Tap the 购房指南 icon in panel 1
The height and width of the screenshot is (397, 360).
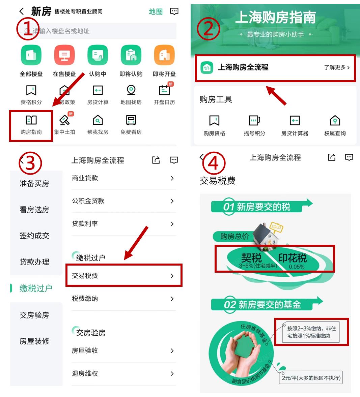point(31,120)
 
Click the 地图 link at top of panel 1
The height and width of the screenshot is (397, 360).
point(156,12)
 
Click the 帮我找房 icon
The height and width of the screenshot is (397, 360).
point(98,120)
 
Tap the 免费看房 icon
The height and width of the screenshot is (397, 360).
point(131,120)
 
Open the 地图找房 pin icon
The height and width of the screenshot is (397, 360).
point(131,90)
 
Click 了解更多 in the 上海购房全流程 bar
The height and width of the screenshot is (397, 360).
point(336,67)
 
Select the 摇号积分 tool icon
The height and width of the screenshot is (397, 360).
point(254,121)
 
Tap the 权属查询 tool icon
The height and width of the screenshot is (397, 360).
point(335,121)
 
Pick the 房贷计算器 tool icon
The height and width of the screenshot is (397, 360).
point(295,121)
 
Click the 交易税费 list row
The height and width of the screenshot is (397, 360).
point(123,276)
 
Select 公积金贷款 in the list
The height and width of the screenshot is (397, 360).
point(123,201)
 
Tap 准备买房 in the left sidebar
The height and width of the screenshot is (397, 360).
point(34,184)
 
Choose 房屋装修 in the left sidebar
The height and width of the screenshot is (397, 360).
point(34,341)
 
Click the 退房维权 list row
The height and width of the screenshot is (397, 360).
point(123,373)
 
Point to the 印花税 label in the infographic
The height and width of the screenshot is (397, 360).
point(293,258)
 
